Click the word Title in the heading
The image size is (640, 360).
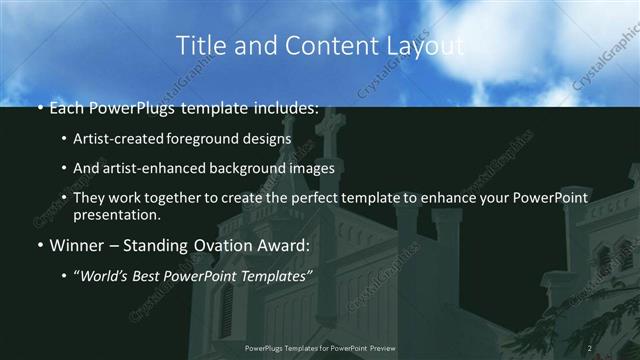pyautogui.click(x=198, y=45)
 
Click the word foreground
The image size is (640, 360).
pyautogui.click(x=216, y=139)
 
